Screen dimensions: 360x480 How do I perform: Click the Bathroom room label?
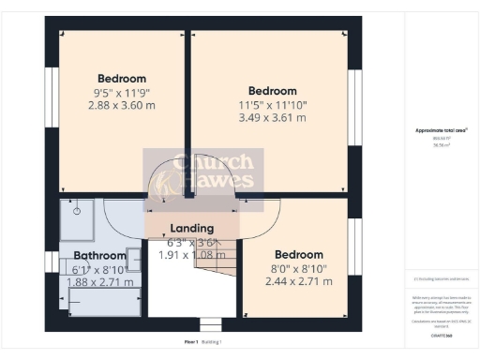click(x=99, y=255)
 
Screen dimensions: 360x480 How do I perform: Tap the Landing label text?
click(x=191, y=228)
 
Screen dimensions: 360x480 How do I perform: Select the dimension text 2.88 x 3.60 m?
click(x=121, y=106)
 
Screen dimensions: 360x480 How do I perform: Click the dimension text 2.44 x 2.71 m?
click(x=299, y=280)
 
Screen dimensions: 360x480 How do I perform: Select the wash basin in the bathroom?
click(x=134, y=259)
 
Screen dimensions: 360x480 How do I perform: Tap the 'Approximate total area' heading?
click(x=442, y=130)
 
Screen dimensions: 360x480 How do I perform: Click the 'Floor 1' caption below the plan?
click(x=191, y=342)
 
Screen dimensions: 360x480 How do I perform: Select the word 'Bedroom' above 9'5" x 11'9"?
click(x=121, y=78)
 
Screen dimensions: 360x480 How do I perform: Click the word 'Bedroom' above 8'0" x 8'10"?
click(x=299, y=254)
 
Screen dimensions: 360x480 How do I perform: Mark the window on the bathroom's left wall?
click(x=52, y=260)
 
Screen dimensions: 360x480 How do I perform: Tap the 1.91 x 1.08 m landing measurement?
click(x=191, y=254)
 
